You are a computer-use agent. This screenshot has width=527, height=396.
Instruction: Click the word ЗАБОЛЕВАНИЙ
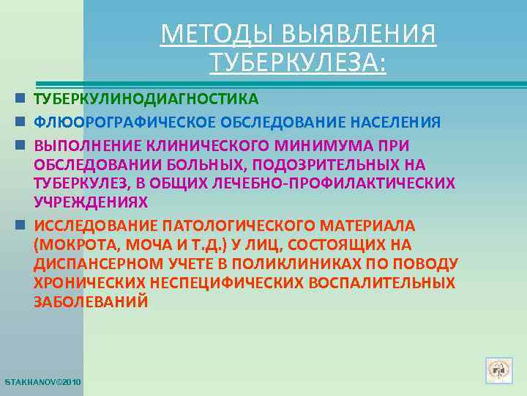(91, 301)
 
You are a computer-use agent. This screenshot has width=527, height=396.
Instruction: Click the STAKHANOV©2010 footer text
(43, 383)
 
